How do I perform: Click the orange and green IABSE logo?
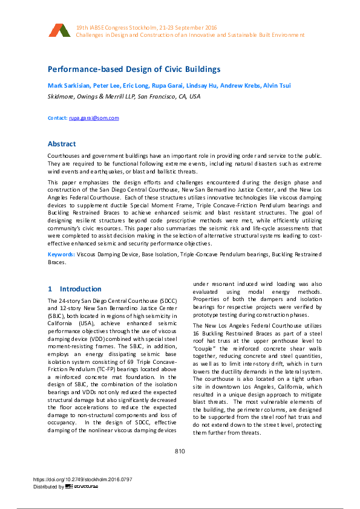click(x=60, y=31)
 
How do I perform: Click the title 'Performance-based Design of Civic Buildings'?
click(x=134, y=70)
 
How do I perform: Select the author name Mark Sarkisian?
click(x=68, y=85)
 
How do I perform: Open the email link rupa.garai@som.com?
click(x=94, y=118)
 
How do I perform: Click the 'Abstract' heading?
click(x=62, y=144)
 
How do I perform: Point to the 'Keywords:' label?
click(x=61, y=254)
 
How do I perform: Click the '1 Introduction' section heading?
click(x=67, y=289)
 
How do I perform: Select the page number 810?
click(x=180, y=452)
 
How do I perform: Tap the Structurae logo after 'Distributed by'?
click(x=82, y=486)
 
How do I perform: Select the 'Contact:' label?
click(x=57, y=118)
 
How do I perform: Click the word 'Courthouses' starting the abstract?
click(x=64, y=156)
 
